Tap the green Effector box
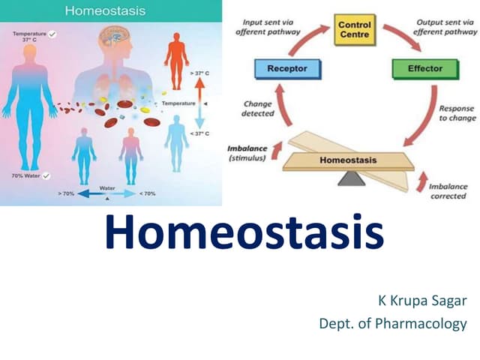pyautogui.click(x=424, y=69)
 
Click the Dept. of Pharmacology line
pyautogui.click(x=393, y=324)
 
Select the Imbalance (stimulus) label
pyautogui.click(x=247, y=153)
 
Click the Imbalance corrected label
pyautogui.click(x=448, y=191)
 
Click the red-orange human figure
pyautogui.click(x=177, y=57)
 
